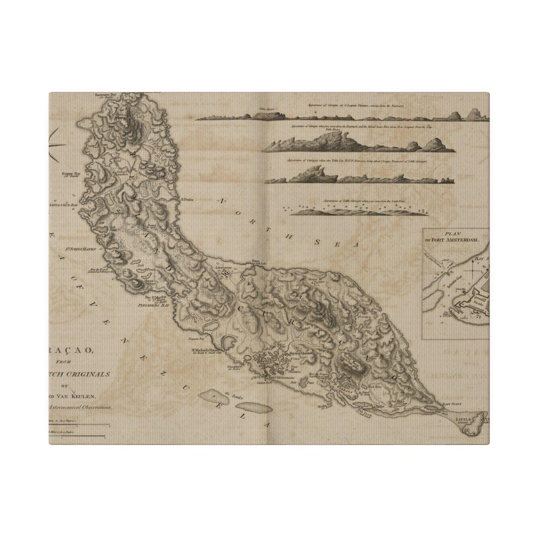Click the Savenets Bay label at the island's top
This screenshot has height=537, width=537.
[106, 95]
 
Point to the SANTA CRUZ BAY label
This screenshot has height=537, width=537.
[65, 204]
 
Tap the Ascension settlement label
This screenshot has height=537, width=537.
[223, 268]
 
